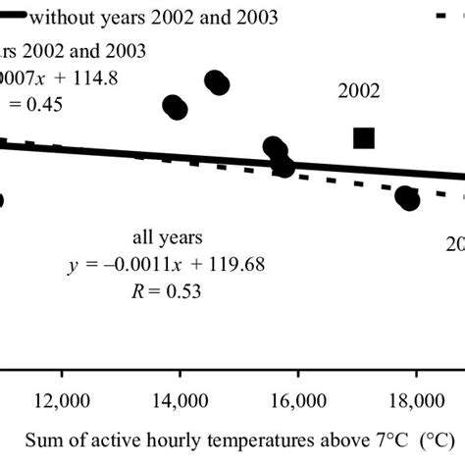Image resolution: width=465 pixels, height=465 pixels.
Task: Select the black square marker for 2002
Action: coord(364,138)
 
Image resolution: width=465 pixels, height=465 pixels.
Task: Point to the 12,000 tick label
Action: coord(63,400)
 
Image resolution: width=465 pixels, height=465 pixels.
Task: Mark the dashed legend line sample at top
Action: coord(446,18)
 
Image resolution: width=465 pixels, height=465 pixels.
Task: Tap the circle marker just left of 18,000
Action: coord(407,198)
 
